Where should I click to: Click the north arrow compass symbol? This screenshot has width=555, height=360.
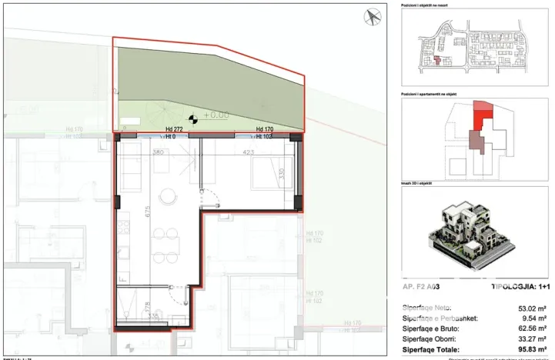[373, 16]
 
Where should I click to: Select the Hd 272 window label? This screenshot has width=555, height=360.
[174, 129]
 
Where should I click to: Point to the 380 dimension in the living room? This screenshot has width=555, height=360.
[158, 152]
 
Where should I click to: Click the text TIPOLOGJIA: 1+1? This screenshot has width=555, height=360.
[520, 286]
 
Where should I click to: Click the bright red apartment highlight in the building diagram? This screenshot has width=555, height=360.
[483, 115]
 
